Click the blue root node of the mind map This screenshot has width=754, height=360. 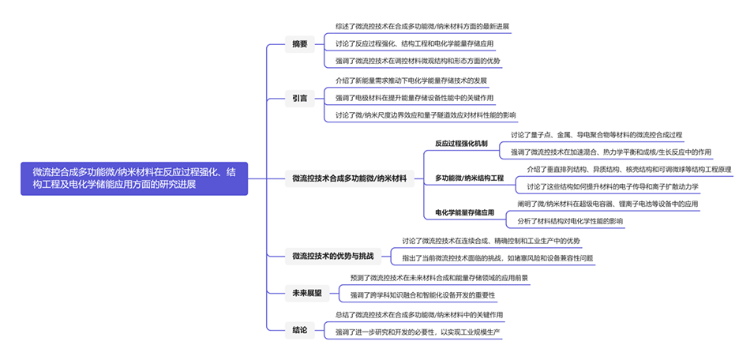pos(134,178)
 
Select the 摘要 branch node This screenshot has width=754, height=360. pos(300,43)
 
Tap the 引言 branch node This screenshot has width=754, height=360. pos(299,98)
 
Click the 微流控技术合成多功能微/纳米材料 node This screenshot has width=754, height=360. pos(349,178)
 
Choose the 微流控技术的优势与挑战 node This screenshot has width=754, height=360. pos(332,256)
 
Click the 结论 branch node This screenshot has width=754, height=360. pos(299,329)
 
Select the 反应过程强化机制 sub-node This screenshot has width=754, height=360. pos(461,144)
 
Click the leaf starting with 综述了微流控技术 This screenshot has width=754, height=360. pos(422,26)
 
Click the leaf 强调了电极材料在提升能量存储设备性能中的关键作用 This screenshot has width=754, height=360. pos(414,98)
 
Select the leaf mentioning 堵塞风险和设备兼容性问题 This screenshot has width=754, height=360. pos(497,257)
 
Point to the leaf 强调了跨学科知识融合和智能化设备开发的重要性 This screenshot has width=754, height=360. pos(422,295)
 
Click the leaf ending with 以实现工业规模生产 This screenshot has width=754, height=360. pos(418,332)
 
